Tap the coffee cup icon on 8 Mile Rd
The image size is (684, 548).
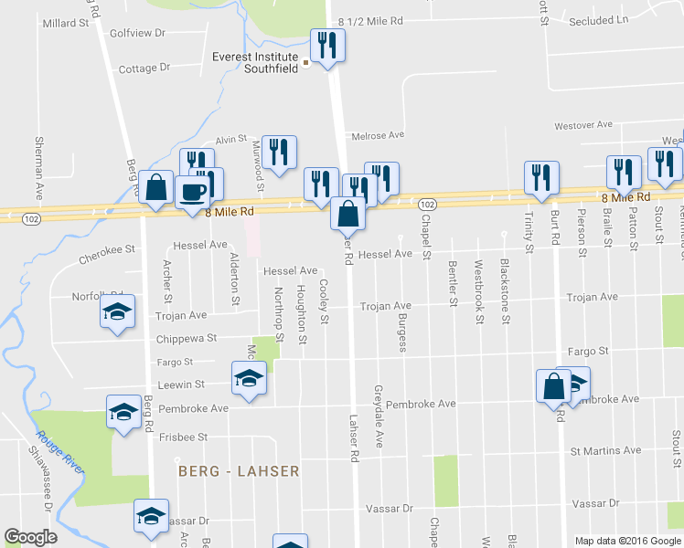pos(192,192)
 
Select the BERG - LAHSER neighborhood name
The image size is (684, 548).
pos(239,471)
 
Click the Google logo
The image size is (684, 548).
pos(30,537)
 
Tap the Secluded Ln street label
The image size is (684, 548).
pos(598,19)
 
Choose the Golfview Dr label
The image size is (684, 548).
pos(136,32)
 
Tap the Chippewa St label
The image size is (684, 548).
pos(186,338)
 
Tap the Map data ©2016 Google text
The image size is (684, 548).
pos(626,541)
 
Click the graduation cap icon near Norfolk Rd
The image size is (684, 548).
pos(117,312)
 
